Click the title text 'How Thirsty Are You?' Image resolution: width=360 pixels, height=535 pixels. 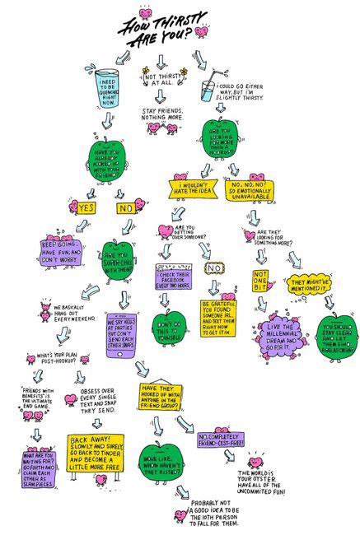[x=157, y=28]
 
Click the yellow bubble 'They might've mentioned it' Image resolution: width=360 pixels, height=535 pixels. [x=310, y=286]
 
